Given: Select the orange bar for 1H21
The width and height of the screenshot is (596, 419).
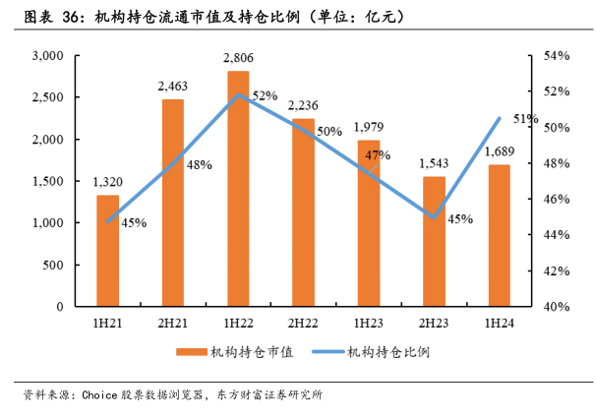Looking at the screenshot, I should point(107,251).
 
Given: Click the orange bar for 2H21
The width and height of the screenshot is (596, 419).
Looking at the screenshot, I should point(172,203).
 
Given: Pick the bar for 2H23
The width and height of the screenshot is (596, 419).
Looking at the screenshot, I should point(434,241).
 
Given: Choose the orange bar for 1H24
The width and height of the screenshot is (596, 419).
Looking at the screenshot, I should point(499,235).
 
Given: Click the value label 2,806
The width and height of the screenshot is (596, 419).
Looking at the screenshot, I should point(238,60).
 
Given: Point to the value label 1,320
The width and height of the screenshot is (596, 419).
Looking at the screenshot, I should point(107,181).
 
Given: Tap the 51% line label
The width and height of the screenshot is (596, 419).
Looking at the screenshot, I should point(525,119).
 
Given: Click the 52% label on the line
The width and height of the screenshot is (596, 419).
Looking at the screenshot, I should point(265,96).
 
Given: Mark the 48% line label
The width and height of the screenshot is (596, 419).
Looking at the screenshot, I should point(199,165).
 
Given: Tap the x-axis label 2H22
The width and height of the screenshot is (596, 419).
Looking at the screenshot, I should point(303,322).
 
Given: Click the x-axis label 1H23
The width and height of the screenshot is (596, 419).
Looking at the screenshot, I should point(369,322).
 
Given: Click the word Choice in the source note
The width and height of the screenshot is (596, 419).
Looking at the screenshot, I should point(100,395).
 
